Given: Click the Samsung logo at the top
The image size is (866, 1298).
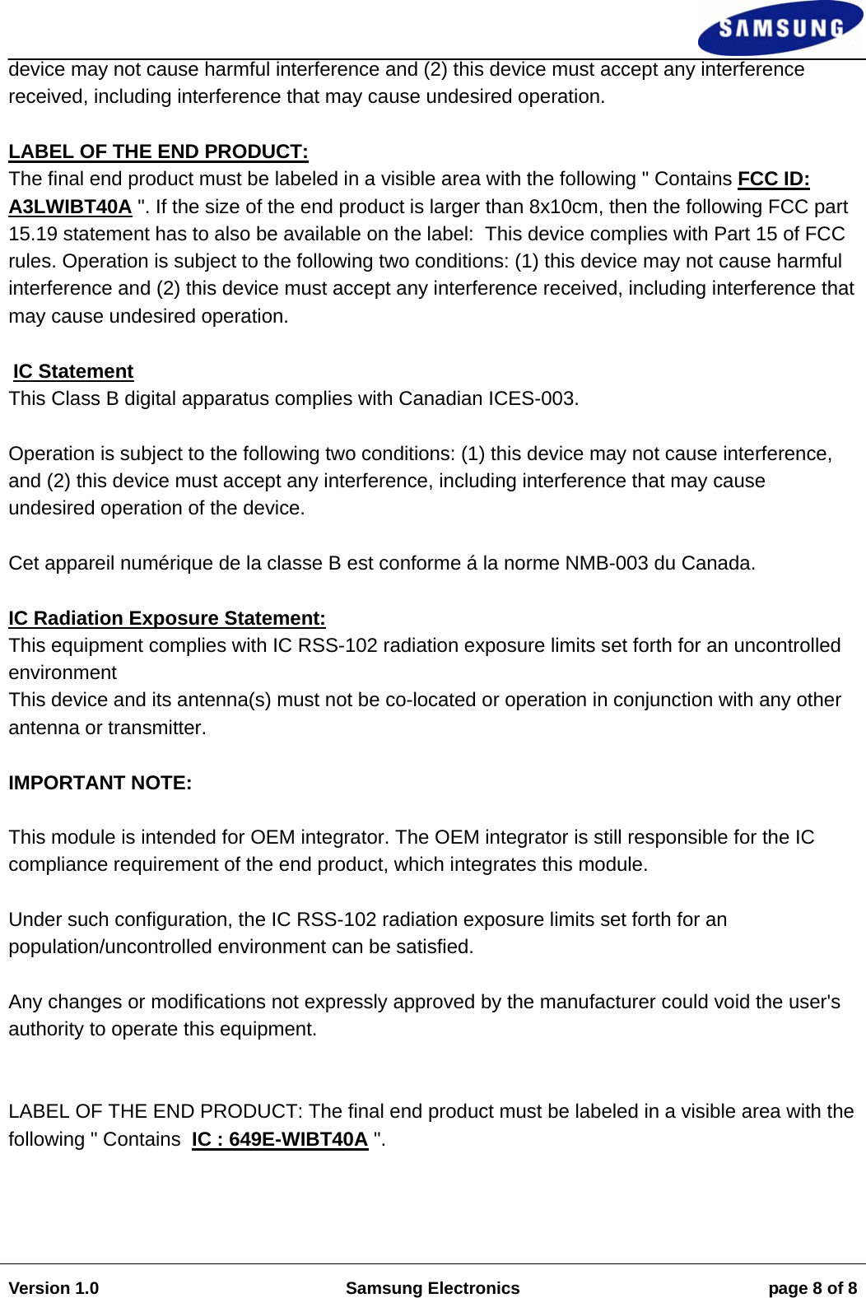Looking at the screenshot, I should tap(780, 28).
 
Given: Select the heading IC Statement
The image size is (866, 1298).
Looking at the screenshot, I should tap(73, 371).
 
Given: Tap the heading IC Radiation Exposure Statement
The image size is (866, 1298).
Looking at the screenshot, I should tap(167, 618).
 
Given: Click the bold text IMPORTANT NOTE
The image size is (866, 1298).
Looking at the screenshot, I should tap(100, 783).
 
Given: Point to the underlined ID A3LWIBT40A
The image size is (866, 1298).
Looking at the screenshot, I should tap(70, 207).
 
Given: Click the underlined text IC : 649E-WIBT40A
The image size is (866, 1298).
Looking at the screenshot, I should tap(280, 1139).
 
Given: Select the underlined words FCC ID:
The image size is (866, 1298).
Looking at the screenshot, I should tap(773, 179).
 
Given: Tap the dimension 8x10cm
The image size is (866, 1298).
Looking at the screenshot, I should tap(563, 207).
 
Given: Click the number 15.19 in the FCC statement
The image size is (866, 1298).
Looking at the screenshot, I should tap(33, 234).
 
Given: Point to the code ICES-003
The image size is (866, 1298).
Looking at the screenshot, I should tap(532, 398).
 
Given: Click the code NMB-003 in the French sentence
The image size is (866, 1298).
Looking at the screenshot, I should tap(606, 563).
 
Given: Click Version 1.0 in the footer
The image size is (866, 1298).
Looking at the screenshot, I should tap(54, 1288).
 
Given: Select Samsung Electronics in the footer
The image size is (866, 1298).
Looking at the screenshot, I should tap(432, 1288).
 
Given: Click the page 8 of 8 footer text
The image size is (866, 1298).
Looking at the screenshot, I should tap(812, 1288).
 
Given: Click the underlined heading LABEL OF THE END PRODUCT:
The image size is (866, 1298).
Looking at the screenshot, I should tap(158, 151).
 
